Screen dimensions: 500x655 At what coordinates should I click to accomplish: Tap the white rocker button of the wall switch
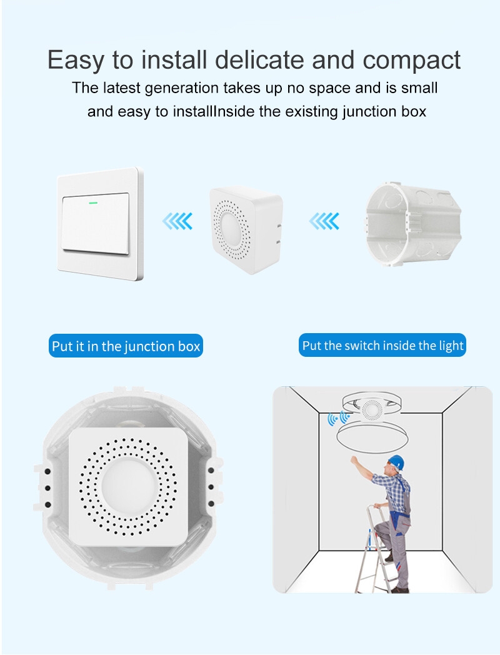point(96,223)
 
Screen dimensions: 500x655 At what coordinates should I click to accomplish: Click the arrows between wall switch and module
point(177,221)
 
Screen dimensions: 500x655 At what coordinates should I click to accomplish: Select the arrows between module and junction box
point(324,221)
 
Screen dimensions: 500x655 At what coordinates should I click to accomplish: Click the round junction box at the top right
point(414,224)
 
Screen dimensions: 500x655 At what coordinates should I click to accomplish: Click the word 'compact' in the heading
point(411,60)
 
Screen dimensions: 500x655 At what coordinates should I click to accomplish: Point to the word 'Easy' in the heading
point(76,61)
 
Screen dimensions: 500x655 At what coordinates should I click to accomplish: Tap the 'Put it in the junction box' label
point(126,346)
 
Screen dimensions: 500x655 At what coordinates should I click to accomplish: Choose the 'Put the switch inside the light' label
point(382,345)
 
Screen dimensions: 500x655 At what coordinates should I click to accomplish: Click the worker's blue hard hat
point(396,462)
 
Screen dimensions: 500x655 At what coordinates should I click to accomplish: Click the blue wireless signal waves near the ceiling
point(338,419)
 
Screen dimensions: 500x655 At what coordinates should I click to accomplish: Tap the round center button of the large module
point(129,487)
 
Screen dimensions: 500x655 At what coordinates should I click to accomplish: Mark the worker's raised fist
point(354,461)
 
